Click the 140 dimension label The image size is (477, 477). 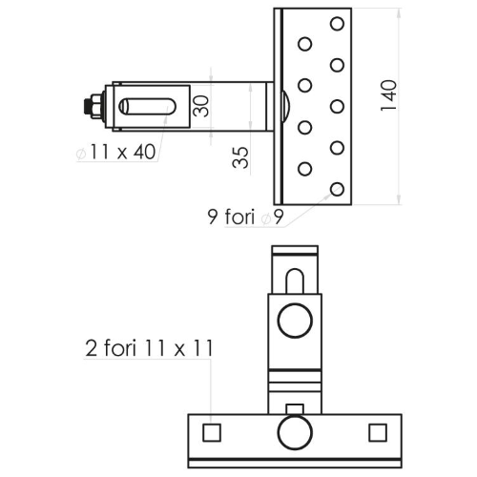point(388,95)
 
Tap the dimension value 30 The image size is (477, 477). point(200,106)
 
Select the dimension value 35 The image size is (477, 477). point(240,157)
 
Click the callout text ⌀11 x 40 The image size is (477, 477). point(116,152)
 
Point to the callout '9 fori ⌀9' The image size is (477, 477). point(245,217)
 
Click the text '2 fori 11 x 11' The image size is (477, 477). point(149,348)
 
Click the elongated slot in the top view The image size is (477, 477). point(147,106)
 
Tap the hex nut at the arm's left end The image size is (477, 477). point(95,106)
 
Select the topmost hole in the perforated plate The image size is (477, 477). point(337,24)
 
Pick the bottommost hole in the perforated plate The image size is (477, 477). point(337,190)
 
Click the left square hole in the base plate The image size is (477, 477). point(212,432)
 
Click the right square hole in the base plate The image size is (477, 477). point(378,432)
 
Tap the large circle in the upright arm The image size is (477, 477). point(295,321)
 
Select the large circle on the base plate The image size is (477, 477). point(295,432)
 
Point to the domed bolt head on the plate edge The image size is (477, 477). point(285,106)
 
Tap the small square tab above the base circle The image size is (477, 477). point(295,409)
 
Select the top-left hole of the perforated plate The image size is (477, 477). point(305,44)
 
